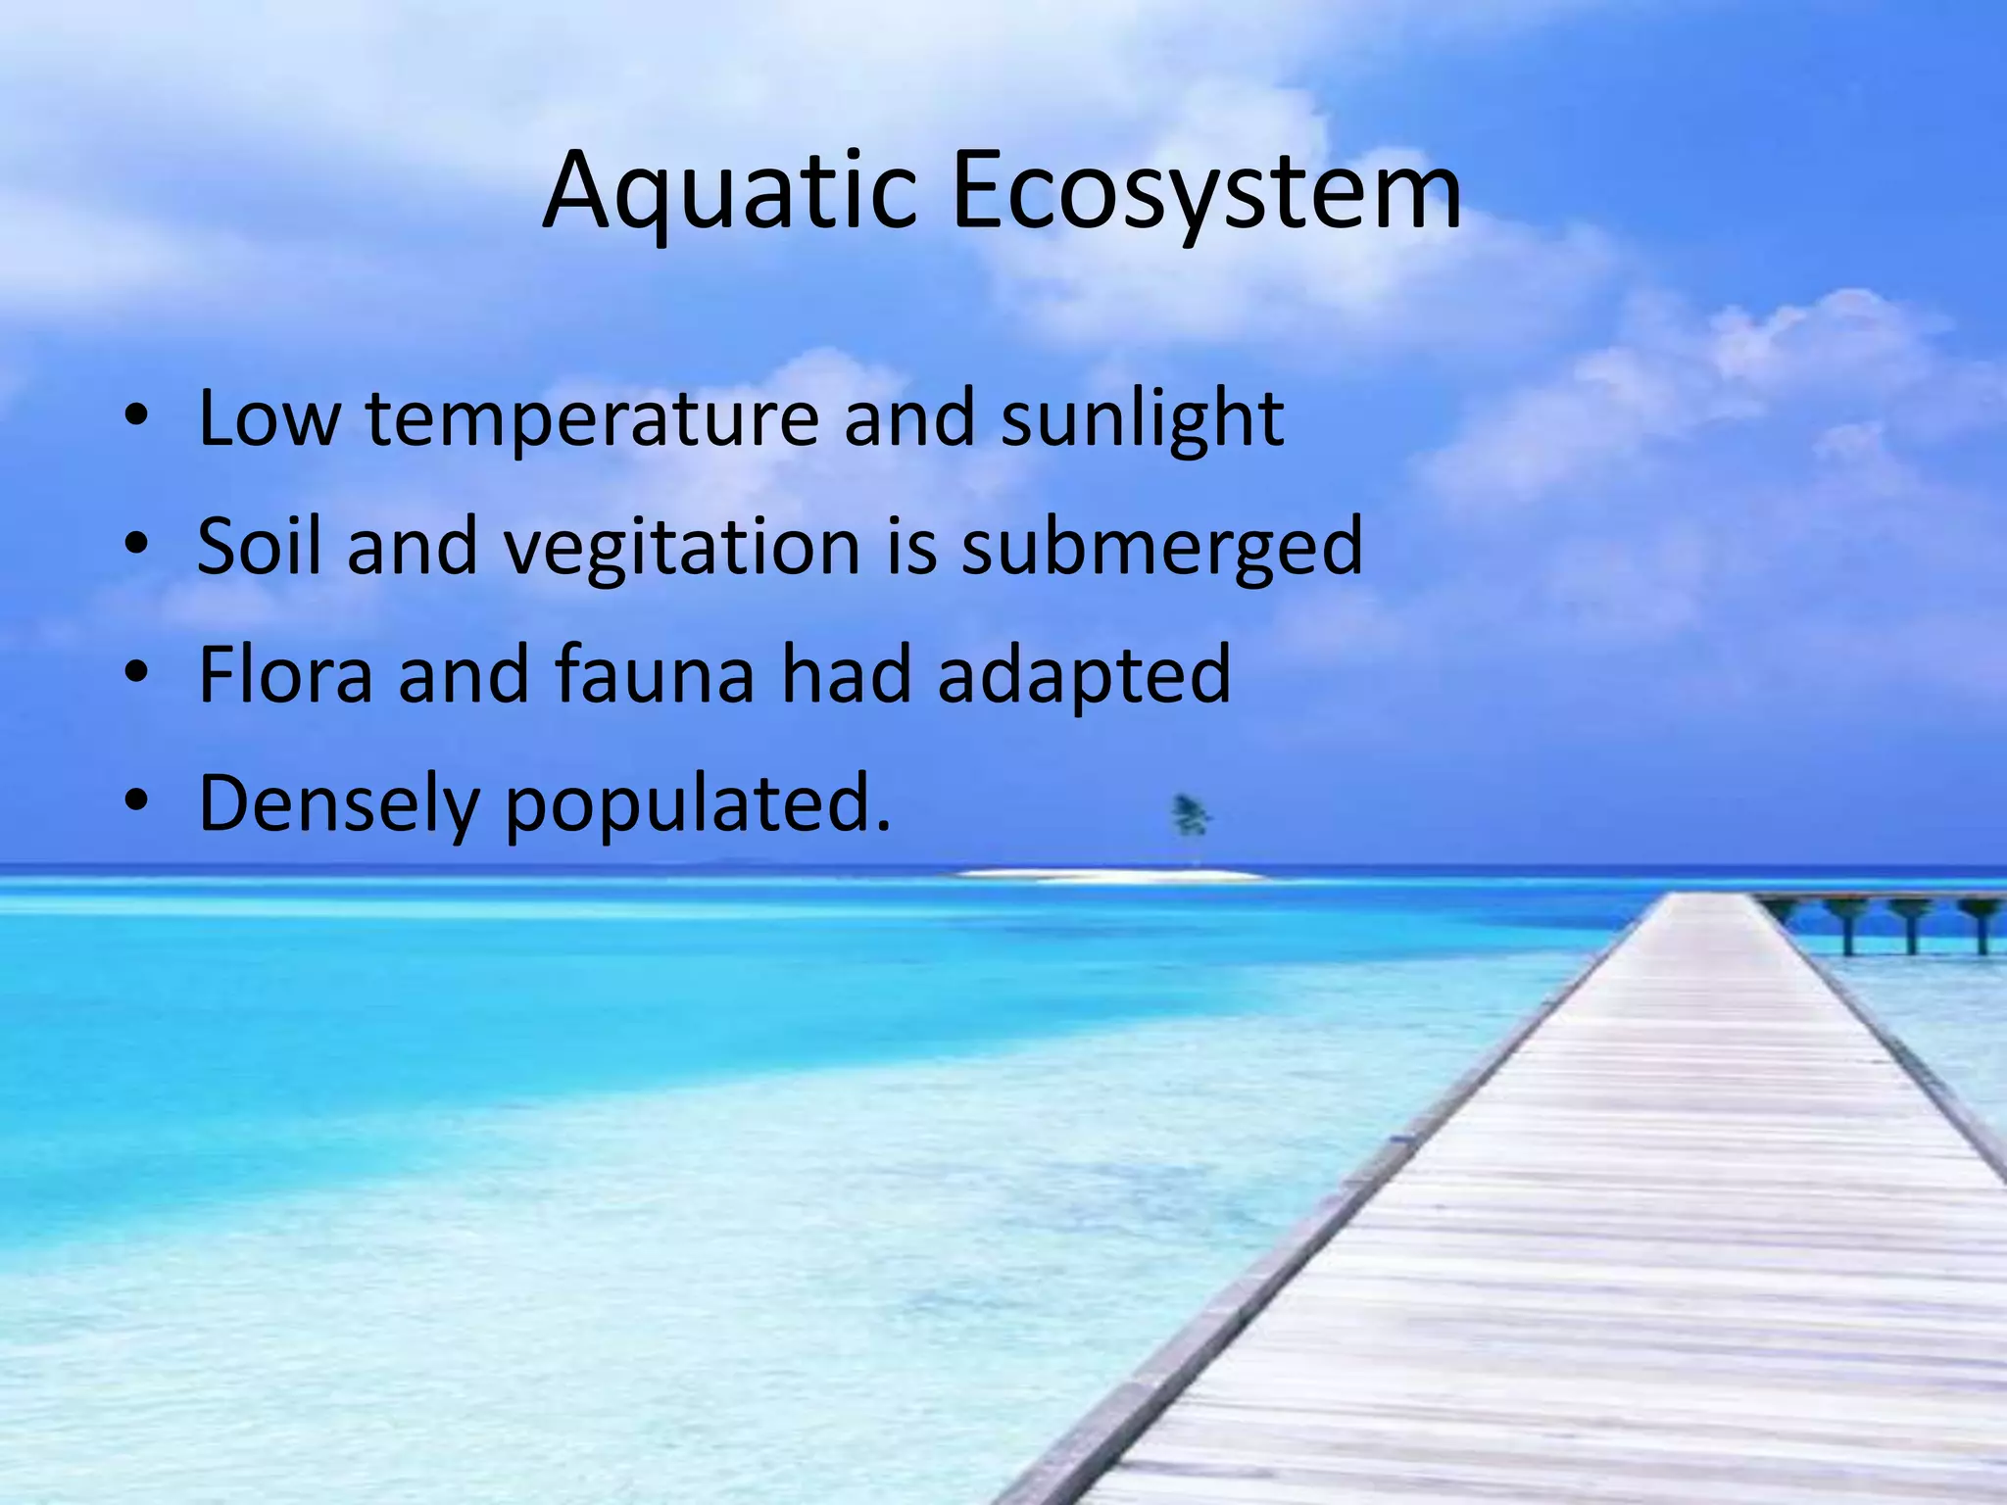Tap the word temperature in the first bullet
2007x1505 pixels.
click(x=591, y=419)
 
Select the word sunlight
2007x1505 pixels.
click(x=1141, y=419)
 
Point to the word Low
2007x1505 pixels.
click(x=269, y=419)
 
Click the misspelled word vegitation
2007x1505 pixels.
click(x=682, y=546)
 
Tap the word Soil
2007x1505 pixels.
click(x=259, y=546)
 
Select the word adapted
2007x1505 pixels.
click(x=1084, y=676)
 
